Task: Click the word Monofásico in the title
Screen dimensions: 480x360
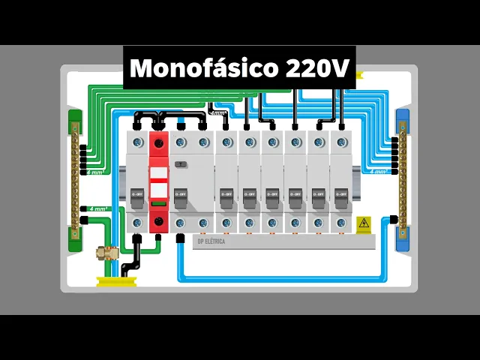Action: (x=204, y=68)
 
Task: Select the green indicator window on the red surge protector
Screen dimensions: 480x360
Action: (x=158, y=203)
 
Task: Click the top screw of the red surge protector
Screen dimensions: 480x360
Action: (x=158, y=142)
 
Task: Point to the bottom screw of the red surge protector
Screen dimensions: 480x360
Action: (x=158, y=222)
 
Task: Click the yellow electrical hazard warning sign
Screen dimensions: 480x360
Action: (x=363, y=223)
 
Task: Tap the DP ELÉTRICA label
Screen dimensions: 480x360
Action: (x=211, y=241)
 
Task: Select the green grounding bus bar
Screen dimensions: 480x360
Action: (x=75, y=180)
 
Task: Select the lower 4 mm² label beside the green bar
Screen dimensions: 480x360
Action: (x=97, y=208)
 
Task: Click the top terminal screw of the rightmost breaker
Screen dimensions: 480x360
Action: (x=341, y=142)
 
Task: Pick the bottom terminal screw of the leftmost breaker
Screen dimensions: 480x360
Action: (x=136, y=223)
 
